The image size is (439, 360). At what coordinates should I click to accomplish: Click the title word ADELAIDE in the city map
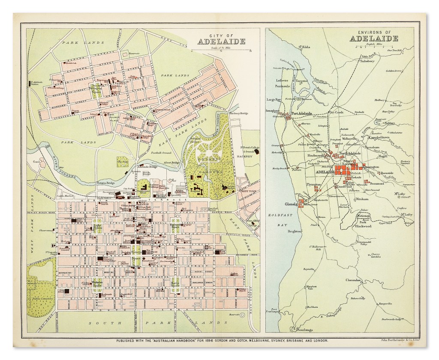coord(221,42)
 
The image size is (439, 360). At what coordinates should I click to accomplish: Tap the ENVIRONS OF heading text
coord(374,32)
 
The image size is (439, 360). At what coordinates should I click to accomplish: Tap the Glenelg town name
coord(292,204)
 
